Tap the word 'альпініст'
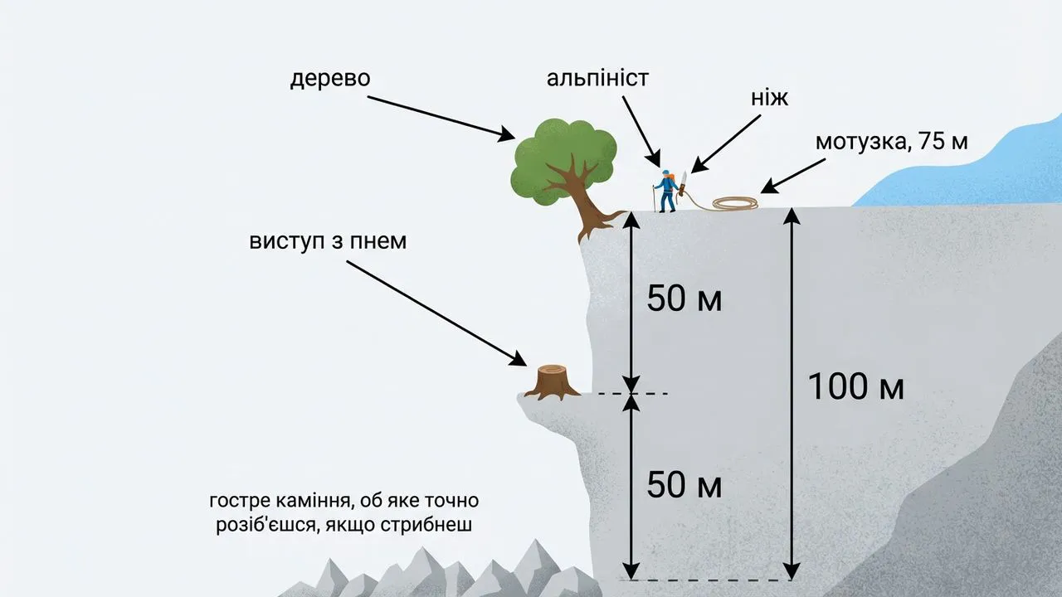tap(597, 79)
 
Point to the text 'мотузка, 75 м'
tap(891, 141)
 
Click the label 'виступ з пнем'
tap(329, 241)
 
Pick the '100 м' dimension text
tap(855, 387)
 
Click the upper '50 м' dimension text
tap(684, 298)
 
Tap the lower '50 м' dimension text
tap(684, 485)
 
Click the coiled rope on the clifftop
tap(735, 203)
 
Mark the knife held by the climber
tap(684, 183)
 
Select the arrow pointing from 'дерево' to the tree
tap(441, 116)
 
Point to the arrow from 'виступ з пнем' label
tap(436, 313)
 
